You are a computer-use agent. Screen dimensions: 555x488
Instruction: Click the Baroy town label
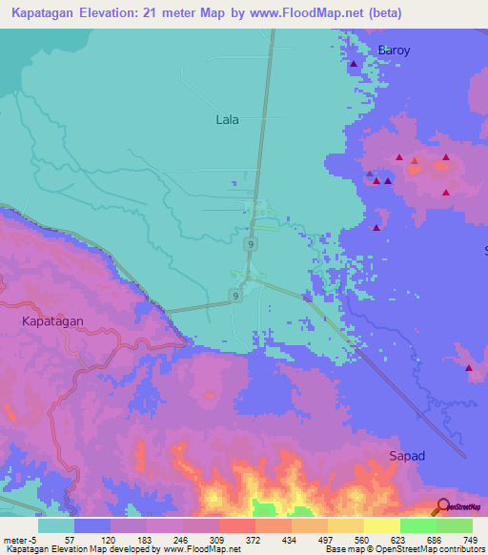394,51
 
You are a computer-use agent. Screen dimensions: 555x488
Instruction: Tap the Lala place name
227,120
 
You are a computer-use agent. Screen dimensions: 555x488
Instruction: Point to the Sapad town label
407,457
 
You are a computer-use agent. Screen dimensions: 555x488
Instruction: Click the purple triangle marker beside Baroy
354,65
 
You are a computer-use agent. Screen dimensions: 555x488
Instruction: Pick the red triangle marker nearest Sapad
470,368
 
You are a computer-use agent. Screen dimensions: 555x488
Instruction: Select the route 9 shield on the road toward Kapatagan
234,297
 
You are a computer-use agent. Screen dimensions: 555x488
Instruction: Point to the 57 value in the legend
70,539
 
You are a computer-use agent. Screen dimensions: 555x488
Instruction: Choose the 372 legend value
251,539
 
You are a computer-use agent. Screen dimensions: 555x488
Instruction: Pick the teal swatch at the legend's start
56,525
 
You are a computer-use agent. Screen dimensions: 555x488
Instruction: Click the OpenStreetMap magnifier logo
442,507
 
